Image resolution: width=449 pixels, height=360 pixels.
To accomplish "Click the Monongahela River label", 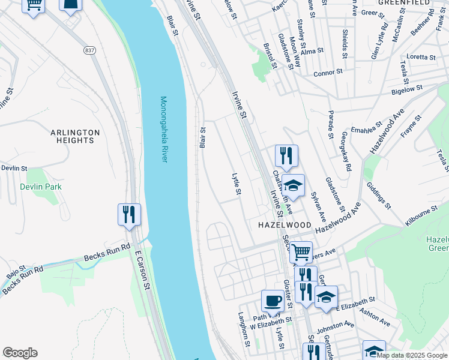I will pyautogui.click(x=163, y=129).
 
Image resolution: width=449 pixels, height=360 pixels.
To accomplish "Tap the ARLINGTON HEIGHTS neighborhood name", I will pyautogui.click(x=75, y=136).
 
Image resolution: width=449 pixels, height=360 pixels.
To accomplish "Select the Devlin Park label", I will pyautogui.click(x=40, y=187).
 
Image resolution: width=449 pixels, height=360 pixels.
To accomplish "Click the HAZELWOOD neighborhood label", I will pyautogui.click(x=285, y=224).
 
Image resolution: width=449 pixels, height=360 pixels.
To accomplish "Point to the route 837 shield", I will pyautogui.click(x=90, y=50).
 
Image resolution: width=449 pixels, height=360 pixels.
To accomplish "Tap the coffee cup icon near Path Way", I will pyautogui.click(x=273, y=301).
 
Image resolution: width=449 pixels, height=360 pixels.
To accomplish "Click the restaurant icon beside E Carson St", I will pyautogui.click(x=129, y=214).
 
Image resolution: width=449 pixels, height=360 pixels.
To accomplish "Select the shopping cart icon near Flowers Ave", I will pyautogui.click(x=301, y=251).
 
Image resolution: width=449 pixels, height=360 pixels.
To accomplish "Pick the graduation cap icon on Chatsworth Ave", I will pyautogui.click(x=294, y=185).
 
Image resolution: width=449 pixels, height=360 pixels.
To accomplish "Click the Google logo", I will pyautogui.click(x=20, y=353).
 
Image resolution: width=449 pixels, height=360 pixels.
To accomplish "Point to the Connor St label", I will pyautogui.click(x=328, y=73).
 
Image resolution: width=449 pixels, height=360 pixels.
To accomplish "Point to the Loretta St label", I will pyautogui.click(x=421, y=57).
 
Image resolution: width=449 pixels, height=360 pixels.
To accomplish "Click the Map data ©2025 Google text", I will pyautogui.click(x=412, y=355).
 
